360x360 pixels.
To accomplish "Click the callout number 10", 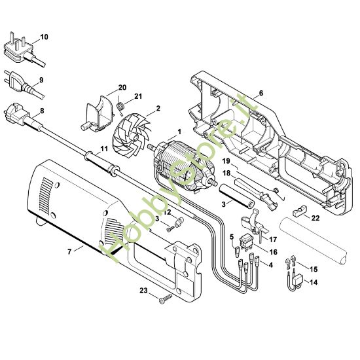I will (44, 37).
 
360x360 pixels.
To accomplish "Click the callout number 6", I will (261, 94).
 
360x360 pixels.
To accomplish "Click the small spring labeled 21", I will (122, 105).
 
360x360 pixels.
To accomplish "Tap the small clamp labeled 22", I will (300, 212).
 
